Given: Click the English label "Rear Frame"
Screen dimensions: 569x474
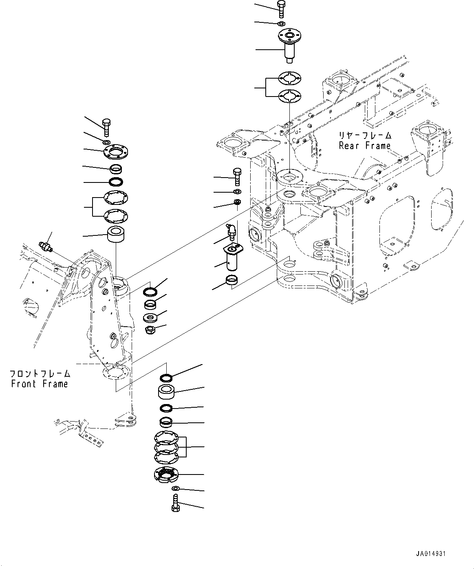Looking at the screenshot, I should [x=365, y=146].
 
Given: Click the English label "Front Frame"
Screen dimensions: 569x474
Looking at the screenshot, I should [x=40, y=384].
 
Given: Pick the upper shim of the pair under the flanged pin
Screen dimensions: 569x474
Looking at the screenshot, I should [x=289, y=78].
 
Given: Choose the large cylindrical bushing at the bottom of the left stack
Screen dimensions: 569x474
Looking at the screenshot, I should [x=116, y=235].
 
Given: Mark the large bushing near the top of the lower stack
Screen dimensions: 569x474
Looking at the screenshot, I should [x=167, y=393].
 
